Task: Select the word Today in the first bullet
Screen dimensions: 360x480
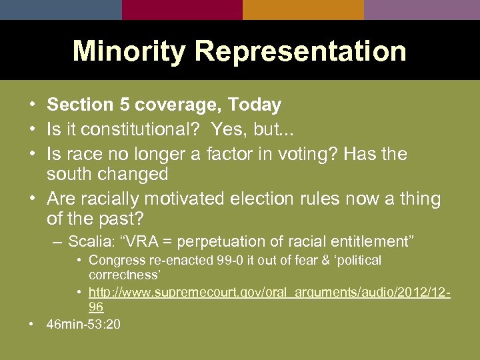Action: [x=254, y=105]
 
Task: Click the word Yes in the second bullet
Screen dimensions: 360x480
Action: [x=228, y=130]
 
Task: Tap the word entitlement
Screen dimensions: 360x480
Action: [x=369, y=241]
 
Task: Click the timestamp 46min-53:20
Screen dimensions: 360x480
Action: [x=83, y=324]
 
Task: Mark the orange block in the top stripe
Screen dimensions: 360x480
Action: [x=303, y=9]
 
